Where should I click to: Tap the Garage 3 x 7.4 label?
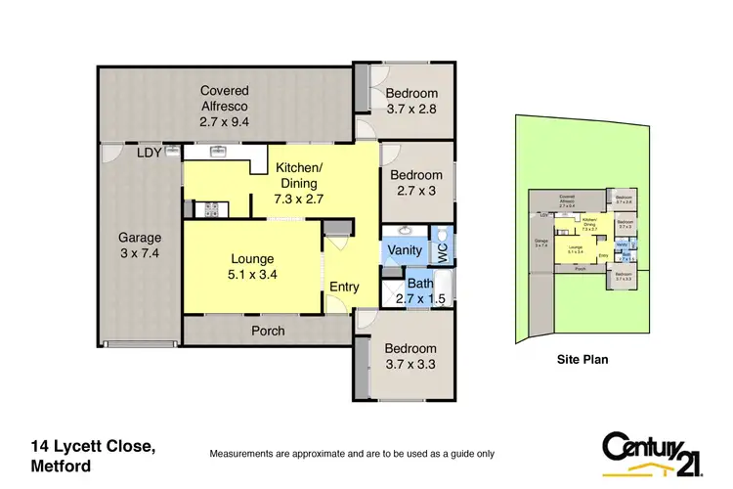coord(140,245)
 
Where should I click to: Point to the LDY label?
coord(149,154)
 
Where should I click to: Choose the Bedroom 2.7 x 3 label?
coord(416,184)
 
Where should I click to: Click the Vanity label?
coord(404,250)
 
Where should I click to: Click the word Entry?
coord(345,287)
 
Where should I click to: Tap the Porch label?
coord(268,331)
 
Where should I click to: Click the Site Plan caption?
coord(582,359)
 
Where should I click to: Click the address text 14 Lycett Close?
coord(92,446)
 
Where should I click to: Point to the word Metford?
coord(61,467)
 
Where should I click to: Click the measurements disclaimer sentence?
coord(353,454)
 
